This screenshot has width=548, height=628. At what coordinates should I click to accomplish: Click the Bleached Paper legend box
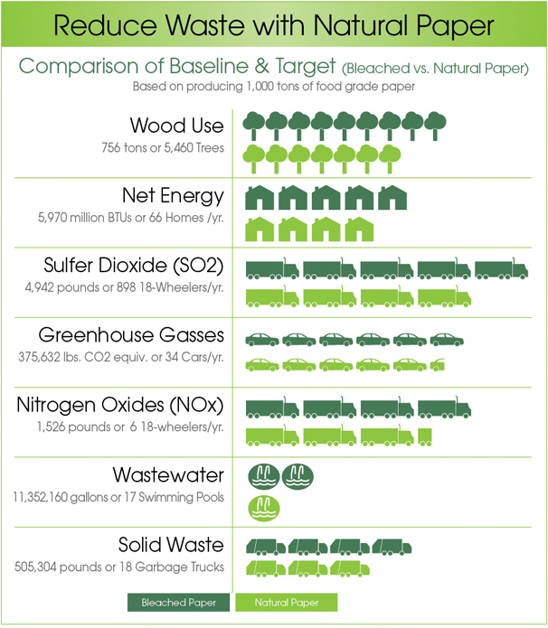(x=178, y=603)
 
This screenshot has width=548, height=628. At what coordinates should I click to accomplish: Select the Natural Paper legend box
(x=287, y=603)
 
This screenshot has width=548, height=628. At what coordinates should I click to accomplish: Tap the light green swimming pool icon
(x=264, y=508)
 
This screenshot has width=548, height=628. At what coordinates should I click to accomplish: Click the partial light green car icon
(x=438, y=364)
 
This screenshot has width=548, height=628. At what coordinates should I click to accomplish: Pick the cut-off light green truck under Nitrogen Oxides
(x=425, y=437)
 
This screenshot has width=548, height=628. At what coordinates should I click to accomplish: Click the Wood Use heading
(x=176, y=126)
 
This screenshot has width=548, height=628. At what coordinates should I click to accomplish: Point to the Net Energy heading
(x=173, y=196)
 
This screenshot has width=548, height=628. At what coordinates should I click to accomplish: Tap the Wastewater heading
(x=168, y=475)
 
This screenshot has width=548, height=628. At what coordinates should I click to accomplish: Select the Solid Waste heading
(x=171, y=545)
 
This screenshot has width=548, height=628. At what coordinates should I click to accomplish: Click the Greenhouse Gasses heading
(x=131, y=335)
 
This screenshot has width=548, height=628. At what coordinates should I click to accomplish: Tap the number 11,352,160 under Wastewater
(x=40, y=497)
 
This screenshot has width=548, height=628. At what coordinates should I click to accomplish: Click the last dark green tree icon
(x=435, y=126)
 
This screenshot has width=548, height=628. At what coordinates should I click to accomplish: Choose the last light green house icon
(x=359, y=229)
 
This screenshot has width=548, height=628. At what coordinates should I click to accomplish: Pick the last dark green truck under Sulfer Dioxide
(x=502, y=268)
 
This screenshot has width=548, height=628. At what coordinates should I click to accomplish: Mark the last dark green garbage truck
(x=392, y=547)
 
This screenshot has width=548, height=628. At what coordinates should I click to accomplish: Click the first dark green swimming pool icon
(x=264, y=476)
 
